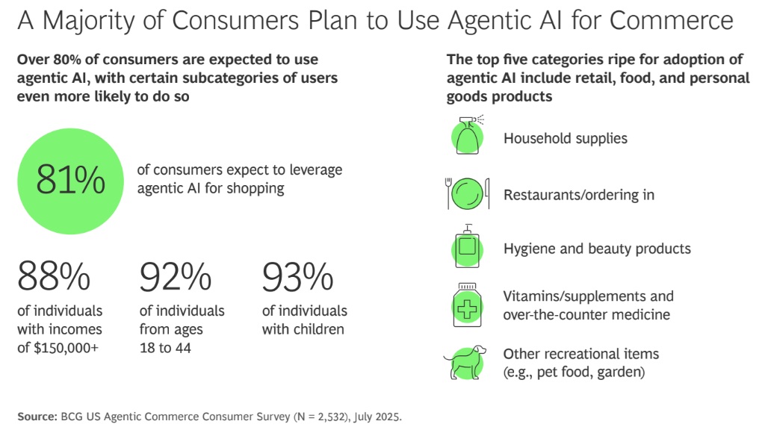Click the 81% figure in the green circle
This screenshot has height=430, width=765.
[71, 179]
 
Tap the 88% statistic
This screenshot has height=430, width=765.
[54, 276]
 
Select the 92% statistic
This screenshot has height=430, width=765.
[176, 276]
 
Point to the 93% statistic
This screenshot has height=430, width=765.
[297, 276]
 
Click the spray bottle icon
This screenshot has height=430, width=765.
[468, 135]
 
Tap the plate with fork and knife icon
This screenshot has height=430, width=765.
[468, 193]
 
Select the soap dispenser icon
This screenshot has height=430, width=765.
[468, 246]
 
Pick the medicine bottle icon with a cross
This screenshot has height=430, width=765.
[467, 305]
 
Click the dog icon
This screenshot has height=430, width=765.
[465, 362]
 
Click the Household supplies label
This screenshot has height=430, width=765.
[566, 138]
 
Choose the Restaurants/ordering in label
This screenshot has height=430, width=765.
[579, 195]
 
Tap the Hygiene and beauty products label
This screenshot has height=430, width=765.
[597, 249]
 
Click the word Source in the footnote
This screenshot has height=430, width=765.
[37, 417]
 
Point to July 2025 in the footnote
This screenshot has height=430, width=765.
[377, 417]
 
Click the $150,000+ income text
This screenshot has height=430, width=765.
[66, 348]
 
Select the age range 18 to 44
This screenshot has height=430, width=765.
[165, 348]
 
